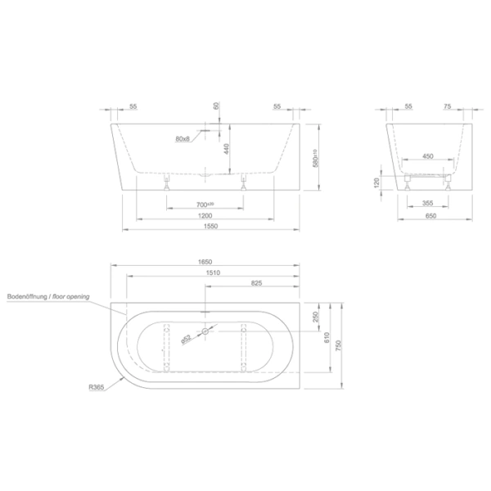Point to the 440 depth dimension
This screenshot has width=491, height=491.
[224, 150]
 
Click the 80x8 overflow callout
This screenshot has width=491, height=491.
[182, 138]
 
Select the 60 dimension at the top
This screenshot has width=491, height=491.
[216, 106]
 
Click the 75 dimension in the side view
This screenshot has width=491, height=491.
[448, 107]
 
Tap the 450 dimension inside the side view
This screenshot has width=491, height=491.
[427, 155]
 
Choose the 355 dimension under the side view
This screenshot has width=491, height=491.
[427, 202]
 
